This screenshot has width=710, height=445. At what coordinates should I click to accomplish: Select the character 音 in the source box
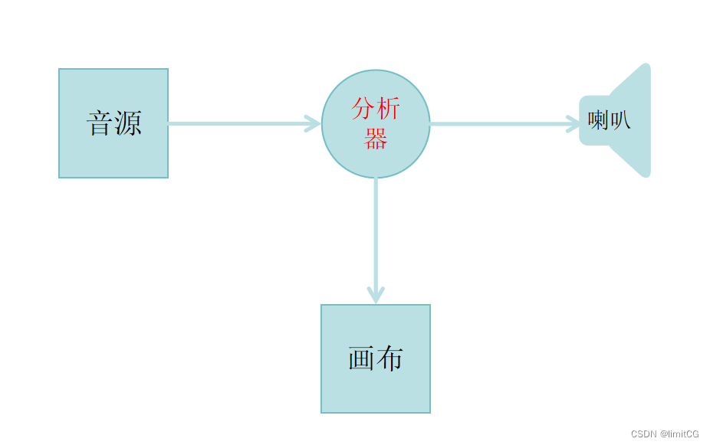click(100, 123)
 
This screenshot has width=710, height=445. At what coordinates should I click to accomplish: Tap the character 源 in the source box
click(128, 123)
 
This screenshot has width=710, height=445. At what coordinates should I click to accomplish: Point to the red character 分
click(362, 110)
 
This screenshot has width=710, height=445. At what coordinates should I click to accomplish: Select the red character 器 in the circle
click(376, 139)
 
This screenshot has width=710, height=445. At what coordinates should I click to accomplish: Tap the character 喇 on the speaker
click(598, 120)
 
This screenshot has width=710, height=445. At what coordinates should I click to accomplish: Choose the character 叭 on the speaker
click(620, 120)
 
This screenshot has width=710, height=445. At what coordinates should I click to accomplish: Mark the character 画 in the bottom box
click(361, 358)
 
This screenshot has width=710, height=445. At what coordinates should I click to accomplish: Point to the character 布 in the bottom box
click(390, 358)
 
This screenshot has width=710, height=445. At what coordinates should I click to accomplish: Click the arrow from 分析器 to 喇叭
click(498, 123)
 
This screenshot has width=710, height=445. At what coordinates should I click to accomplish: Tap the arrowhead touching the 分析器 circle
click(313, 123)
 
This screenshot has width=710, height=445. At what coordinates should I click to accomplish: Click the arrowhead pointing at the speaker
click(574, 123)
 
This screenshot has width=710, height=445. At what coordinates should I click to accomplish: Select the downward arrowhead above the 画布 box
click(376, 294)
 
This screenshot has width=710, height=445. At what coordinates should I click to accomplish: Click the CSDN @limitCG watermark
click(665, 434)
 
